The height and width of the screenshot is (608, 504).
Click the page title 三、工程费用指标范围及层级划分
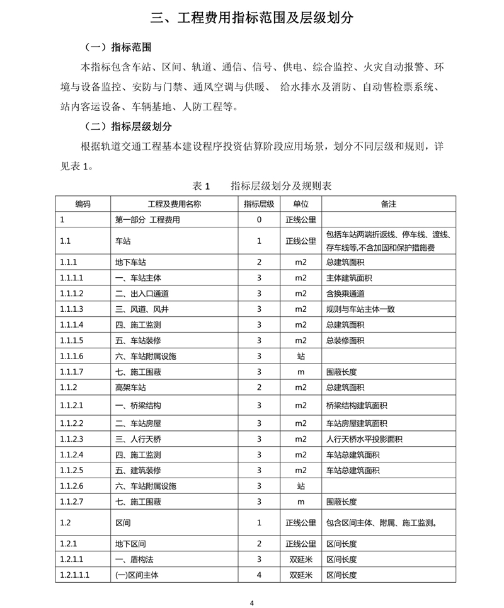(252, 17)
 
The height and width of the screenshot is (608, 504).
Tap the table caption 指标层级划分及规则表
(280, 186)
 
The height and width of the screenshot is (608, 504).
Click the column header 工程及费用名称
(175, 204)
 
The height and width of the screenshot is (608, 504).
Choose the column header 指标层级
(259, 204)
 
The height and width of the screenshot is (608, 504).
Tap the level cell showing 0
(259, 220)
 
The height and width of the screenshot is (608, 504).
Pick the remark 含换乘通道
(345, 293)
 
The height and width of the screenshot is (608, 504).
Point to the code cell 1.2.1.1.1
(76, 575)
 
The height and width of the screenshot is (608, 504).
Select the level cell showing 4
(259, 575)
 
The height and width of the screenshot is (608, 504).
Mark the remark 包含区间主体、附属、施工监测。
(382, 522)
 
